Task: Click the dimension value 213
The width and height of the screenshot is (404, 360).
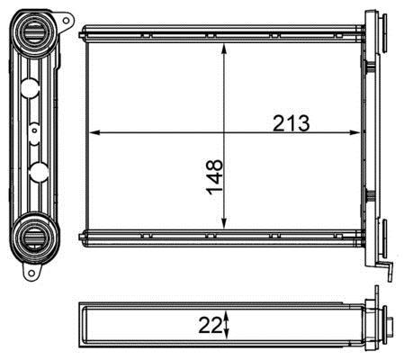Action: [291, 123]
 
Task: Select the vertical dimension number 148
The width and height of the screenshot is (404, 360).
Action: [215, 176]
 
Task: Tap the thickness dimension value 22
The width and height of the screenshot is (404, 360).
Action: [211, 325]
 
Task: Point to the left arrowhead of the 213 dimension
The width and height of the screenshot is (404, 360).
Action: [94, 132]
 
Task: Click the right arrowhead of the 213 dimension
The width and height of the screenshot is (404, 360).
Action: [355, 132]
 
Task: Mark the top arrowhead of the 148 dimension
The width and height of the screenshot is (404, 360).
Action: [224, 49]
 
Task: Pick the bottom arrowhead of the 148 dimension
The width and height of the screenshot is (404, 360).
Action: [224, 223]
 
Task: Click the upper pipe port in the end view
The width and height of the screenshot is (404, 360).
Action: [34, 33]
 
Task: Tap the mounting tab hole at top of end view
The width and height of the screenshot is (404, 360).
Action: [66, 21]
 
